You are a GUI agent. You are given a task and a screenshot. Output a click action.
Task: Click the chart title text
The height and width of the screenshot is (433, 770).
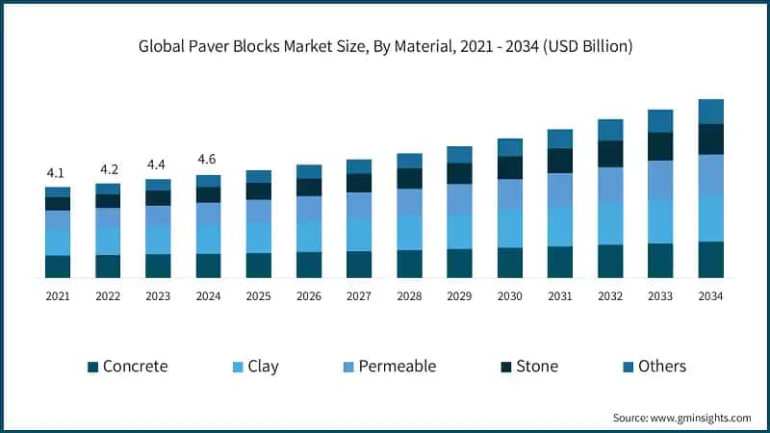(x=385, y=45)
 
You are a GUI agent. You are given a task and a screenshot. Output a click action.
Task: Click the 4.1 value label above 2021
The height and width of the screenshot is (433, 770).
(x=57, y=173)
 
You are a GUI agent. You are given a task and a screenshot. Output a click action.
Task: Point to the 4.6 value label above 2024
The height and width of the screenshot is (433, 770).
(x=208, y=159)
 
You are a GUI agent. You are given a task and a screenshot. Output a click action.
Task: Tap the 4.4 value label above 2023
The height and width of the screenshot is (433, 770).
(x=158, y=165)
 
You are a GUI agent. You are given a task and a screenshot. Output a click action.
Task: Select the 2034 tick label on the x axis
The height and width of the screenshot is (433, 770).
(x=710, y=296)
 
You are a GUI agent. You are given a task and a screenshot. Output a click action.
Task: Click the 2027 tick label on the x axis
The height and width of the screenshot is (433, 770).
(x=359, y=296)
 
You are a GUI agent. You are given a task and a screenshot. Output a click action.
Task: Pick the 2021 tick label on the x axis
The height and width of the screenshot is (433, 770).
(x=57, y=296)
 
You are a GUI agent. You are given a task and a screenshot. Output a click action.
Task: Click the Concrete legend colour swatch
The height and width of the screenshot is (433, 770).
(x=92, y=367)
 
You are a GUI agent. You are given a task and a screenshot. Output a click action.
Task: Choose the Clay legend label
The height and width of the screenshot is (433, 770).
(x=264, y=367)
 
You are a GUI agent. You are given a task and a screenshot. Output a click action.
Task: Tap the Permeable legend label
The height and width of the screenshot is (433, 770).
(x=398, y=367)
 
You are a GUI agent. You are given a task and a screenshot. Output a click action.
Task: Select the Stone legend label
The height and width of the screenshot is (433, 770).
(x=536, y=367)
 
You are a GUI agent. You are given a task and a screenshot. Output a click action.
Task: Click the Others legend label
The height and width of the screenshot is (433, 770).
(x=662, y=367)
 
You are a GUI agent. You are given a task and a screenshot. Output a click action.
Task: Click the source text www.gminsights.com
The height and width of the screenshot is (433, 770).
(x=681, y=418)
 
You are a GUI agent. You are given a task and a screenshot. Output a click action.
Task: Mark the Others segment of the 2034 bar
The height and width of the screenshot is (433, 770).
(x=710, y=112)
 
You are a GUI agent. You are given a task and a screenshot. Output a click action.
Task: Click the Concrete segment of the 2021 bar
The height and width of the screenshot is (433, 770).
(x=57, y=267)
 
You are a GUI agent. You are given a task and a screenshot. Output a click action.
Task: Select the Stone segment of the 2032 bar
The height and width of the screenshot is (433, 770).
(x=610, y=154)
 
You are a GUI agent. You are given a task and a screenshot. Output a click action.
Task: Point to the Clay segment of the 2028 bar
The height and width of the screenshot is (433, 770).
(x=409, y=232)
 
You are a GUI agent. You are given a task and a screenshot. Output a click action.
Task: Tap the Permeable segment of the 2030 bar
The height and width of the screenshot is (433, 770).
(x=510, y=193)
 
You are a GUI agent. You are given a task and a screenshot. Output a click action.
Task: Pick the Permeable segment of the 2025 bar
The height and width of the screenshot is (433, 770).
(x=258, y=212)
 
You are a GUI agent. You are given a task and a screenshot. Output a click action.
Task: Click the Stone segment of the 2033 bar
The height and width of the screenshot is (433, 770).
(x=660, y=146)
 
